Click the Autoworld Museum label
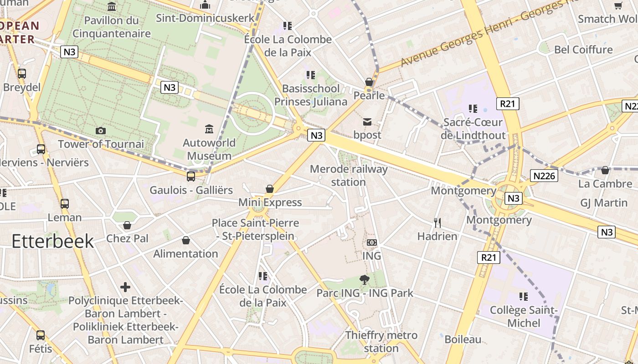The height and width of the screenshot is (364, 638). pos(209,149)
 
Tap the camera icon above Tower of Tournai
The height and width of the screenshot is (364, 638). pos(100,131)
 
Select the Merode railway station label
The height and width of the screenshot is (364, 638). pos(349,176)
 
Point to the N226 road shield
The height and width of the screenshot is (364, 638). pos(544,176)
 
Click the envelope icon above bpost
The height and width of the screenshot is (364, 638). pos(367,121)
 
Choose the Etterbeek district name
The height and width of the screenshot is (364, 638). pos(52,241)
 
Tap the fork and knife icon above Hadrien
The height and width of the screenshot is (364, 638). pos(437,222)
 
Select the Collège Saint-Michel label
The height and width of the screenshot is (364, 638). pos(523,317)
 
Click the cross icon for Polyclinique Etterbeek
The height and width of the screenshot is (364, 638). pos(125,287)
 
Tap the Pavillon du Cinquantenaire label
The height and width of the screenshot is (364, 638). pos(112,27)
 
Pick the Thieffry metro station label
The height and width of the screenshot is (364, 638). pos(381,342)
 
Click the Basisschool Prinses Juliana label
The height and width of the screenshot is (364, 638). pos(311,95)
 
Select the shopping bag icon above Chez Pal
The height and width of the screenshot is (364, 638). pos(127,225)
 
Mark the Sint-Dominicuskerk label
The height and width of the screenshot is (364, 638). pos(205,18)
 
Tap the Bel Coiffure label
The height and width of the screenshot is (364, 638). pos(583,49)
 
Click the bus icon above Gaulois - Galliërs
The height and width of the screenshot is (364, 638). pos(191,176)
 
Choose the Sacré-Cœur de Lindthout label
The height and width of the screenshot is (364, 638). pos(473,129)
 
